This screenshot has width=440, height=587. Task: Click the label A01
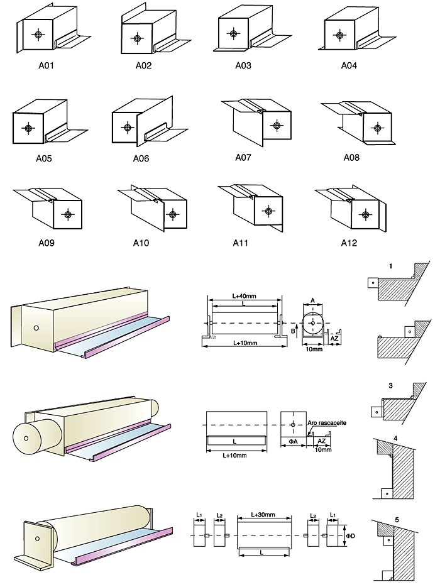click(x=45, y=64)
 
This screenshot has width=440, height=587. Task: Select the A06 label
click(x=141, y=158)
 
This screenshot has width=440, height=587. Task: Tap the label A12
click(x=349, y=243)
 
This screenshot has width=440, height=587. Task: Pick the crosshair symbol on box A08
click(x=377, y=129)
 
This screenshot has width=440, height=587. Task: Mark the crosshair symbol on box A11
click(x=269, y=211)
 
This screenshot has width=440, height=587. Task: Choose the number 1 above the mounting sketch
click(x=390, y=266)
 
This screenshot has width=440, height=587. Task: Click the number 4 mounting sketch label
click(x=395, y=437)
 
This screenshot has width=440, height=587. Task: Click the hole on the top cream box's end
click(x=36, y=328)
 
